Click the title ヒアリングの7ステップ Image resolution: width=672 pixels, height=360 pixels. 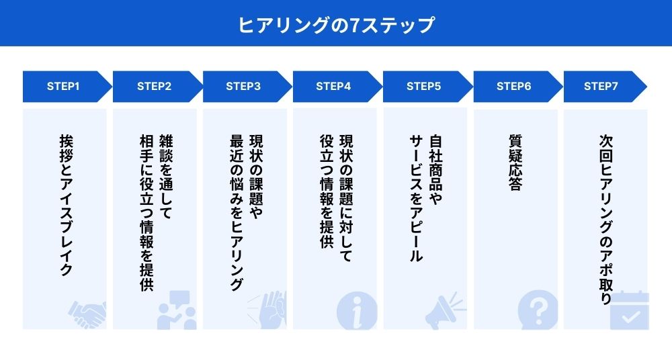pyautogui.click(x=336, y=25)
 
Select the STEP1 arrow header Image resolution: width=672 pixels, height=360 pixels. pyautogui.click(x=64, y=86)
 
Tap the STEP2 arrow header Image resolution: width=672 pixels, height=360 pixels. pyautogui.click(x=154, y=86)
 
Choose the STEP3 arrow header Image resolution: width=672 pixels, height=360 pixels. pyautogui.click(x=243, y=86)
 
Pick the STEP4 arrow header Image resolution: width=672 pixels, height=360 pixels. pyautogui.click(x=333, y=86)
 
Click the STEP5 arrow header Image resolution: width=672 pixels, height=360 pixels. pyautogui.click(x=423, y=86)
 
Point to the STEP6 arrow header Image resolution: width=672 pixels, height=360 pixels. pyautogui.click(x=513, y=86)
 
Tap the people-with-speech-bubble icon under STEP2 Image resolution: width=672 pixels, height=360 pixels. pyautogui.click(x=176, y=310)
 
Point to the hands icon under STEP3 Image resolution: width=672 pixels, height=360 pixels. pyautogui.click(x=267, y=310)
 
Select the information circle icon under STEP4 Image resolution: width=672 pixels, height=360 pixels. pyautogui.click(x=356, y=311)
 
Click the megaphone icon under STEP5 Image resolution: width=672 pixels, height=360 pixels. pyautogui.click(x=447, y=310)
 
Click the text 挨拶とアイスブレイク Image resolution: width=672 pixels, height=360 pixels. pyautogui.click(x=65, y=206)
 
